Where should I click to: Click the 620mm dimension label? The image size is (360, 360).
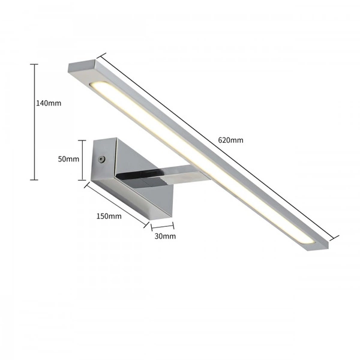[230, 140]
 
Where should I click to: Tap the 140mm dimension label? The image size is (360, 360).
[49, 103]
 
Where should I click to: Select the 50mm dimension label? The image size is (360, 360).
[68, 159]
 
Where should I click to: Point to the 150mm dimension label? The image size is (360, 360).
[109, 216]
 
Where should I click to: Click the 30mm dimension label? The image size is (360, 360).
[165, 236]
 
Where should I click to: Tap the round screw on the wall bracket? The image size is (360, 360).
[101, 160]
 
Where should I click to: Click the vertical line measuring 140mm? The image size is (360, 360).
[34, 120]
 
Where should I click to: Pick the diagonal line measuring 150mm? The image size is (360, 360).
[116, 204]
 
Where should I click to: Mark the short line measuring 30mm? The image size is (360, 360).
[162, 227]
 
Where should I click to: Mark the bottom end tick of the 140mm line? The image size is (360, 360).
[34, 179]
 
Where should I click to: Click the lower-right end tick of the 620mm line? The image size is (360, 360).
[337, 236]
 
